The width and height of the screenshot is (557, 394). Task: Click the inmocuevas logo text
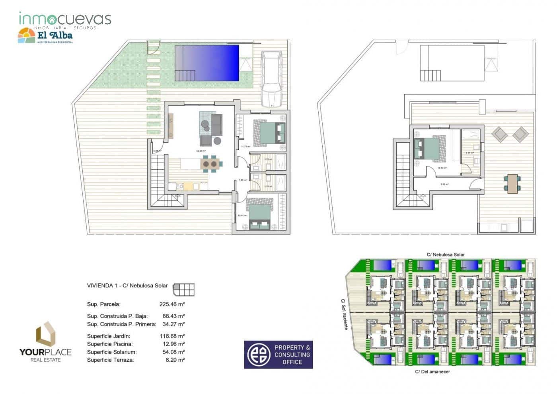tap(65, 19)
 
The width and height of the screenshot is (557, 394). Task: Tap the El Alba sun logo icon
tap(27, 36)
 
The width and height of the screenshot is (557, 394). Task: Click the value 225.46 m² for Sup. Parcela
tap(172, 304)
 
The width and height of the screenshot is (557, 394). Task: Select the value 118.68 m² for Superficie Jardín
tap(172, 336)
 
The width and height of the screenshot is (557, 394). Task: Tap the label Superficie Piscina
tap(110, 344)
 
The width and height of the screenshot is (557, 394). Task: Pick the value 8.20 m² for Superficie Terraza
tap(175, 360)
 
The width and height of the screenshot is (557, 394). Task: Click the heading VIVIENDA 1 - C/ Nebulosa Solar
tap(127, 285)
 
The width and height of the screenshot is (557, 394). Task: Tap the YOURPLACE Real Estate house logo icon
tap(45, 334)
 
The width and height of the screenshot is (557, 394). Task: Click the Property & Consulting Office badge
tap(278, 354)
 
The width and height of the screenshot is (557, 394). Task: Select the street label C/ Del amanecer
tap(432, 372)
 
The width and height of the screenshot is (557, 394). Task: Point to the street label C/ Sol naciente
tap(344, 314)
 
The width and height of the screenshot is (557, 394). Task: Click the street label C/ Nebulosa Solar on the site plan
tap(445, 254)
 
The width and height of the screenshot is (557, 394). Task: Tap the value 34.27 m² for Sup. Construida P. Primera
tap(173, 324)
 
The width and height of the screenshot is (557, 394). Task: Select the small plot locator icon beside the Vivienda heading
tap(184, 289)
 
